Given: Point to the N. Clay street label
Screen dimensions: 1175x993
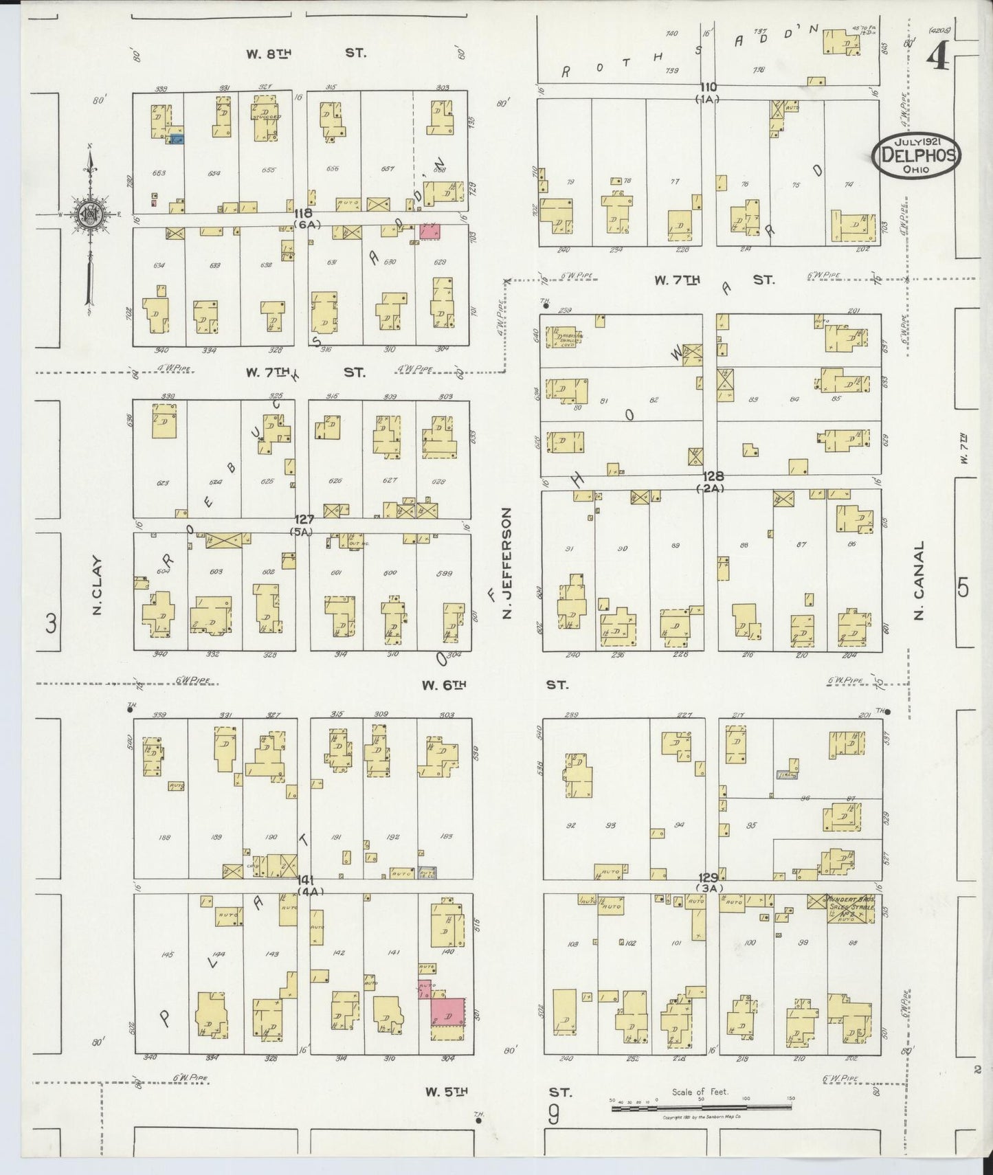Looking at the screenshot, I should [97, 585].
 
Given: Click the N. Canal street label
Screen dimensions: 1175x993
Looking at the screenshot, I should [919, 581].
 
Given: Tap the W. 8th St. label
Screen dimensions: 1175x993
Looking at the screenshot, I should [307, 53].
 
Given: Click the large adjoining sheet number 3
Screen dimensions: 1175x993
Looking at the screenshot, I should [50, 624].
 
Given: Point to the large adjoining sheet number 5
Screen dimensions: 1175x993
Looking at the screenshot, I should [963, 588].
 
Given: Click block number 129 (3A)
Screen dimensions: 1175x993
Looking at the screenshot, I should [709, 882].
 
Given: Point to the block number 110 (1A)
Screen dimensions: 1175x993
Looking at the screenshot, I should [708, 92].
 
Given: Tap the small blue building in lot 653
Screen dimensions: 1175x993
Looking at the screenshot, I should [177, 139].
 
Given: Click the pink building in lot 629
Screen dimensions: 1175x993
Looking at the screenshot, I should [430, 231].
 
